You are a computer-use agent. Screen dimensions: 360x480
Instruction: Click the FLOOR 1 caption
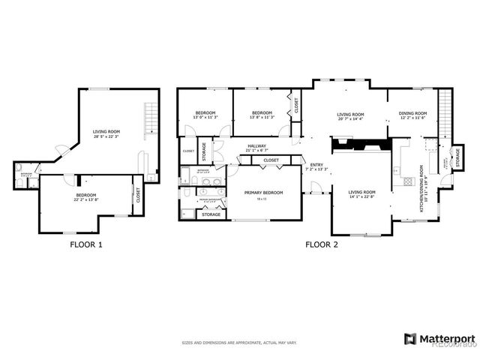(86, 244)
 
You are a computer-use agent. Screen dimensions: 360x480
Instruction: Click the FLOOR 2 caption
(322, 244)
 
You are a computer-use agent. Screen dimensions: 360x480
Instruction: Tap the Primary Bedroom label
(264, 192)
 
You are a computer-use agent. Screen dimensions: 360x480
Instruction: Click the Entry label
(316, 165)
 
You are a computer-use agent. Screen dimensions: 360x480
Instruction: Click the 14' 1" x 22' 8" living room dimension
(361, 197)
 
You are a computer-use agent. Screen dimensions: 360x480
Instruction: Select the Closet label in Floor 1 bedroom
(137, 195)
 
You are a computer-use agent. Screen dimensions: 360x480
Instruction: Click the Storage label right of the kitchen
(457, 159)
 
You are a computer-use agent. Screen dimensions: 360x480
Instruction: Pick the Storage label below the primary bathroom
(211, 214)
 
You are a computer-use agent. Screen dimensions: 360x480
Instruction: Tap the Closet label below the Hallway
(271, 160)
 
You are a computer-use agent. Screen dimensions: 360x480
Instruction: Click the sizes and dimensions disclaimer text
(239, 342)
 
